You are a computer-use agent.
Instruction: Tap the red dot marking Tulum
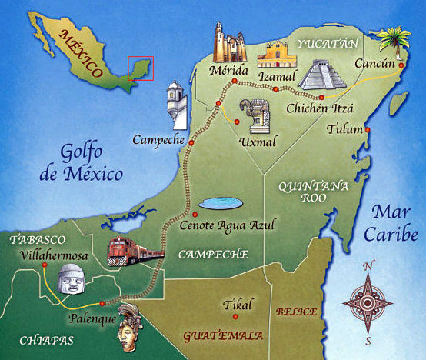(368, 129)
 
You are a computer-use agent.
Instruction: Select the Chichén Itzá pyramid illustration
(323, 75)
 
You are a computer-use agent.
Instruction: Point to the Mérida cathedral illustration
(228, 42)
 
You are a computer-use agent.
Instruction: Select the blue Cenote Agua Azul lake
(221, 205)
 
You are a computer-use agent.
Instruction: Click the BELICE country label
(297, 312)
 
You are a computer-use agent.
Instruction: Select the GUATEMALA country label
(224, 336)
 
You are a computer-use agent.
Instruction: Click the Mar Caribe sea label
(393, 222)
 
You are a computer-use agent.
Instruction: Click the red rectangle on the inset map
(140, 68)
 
